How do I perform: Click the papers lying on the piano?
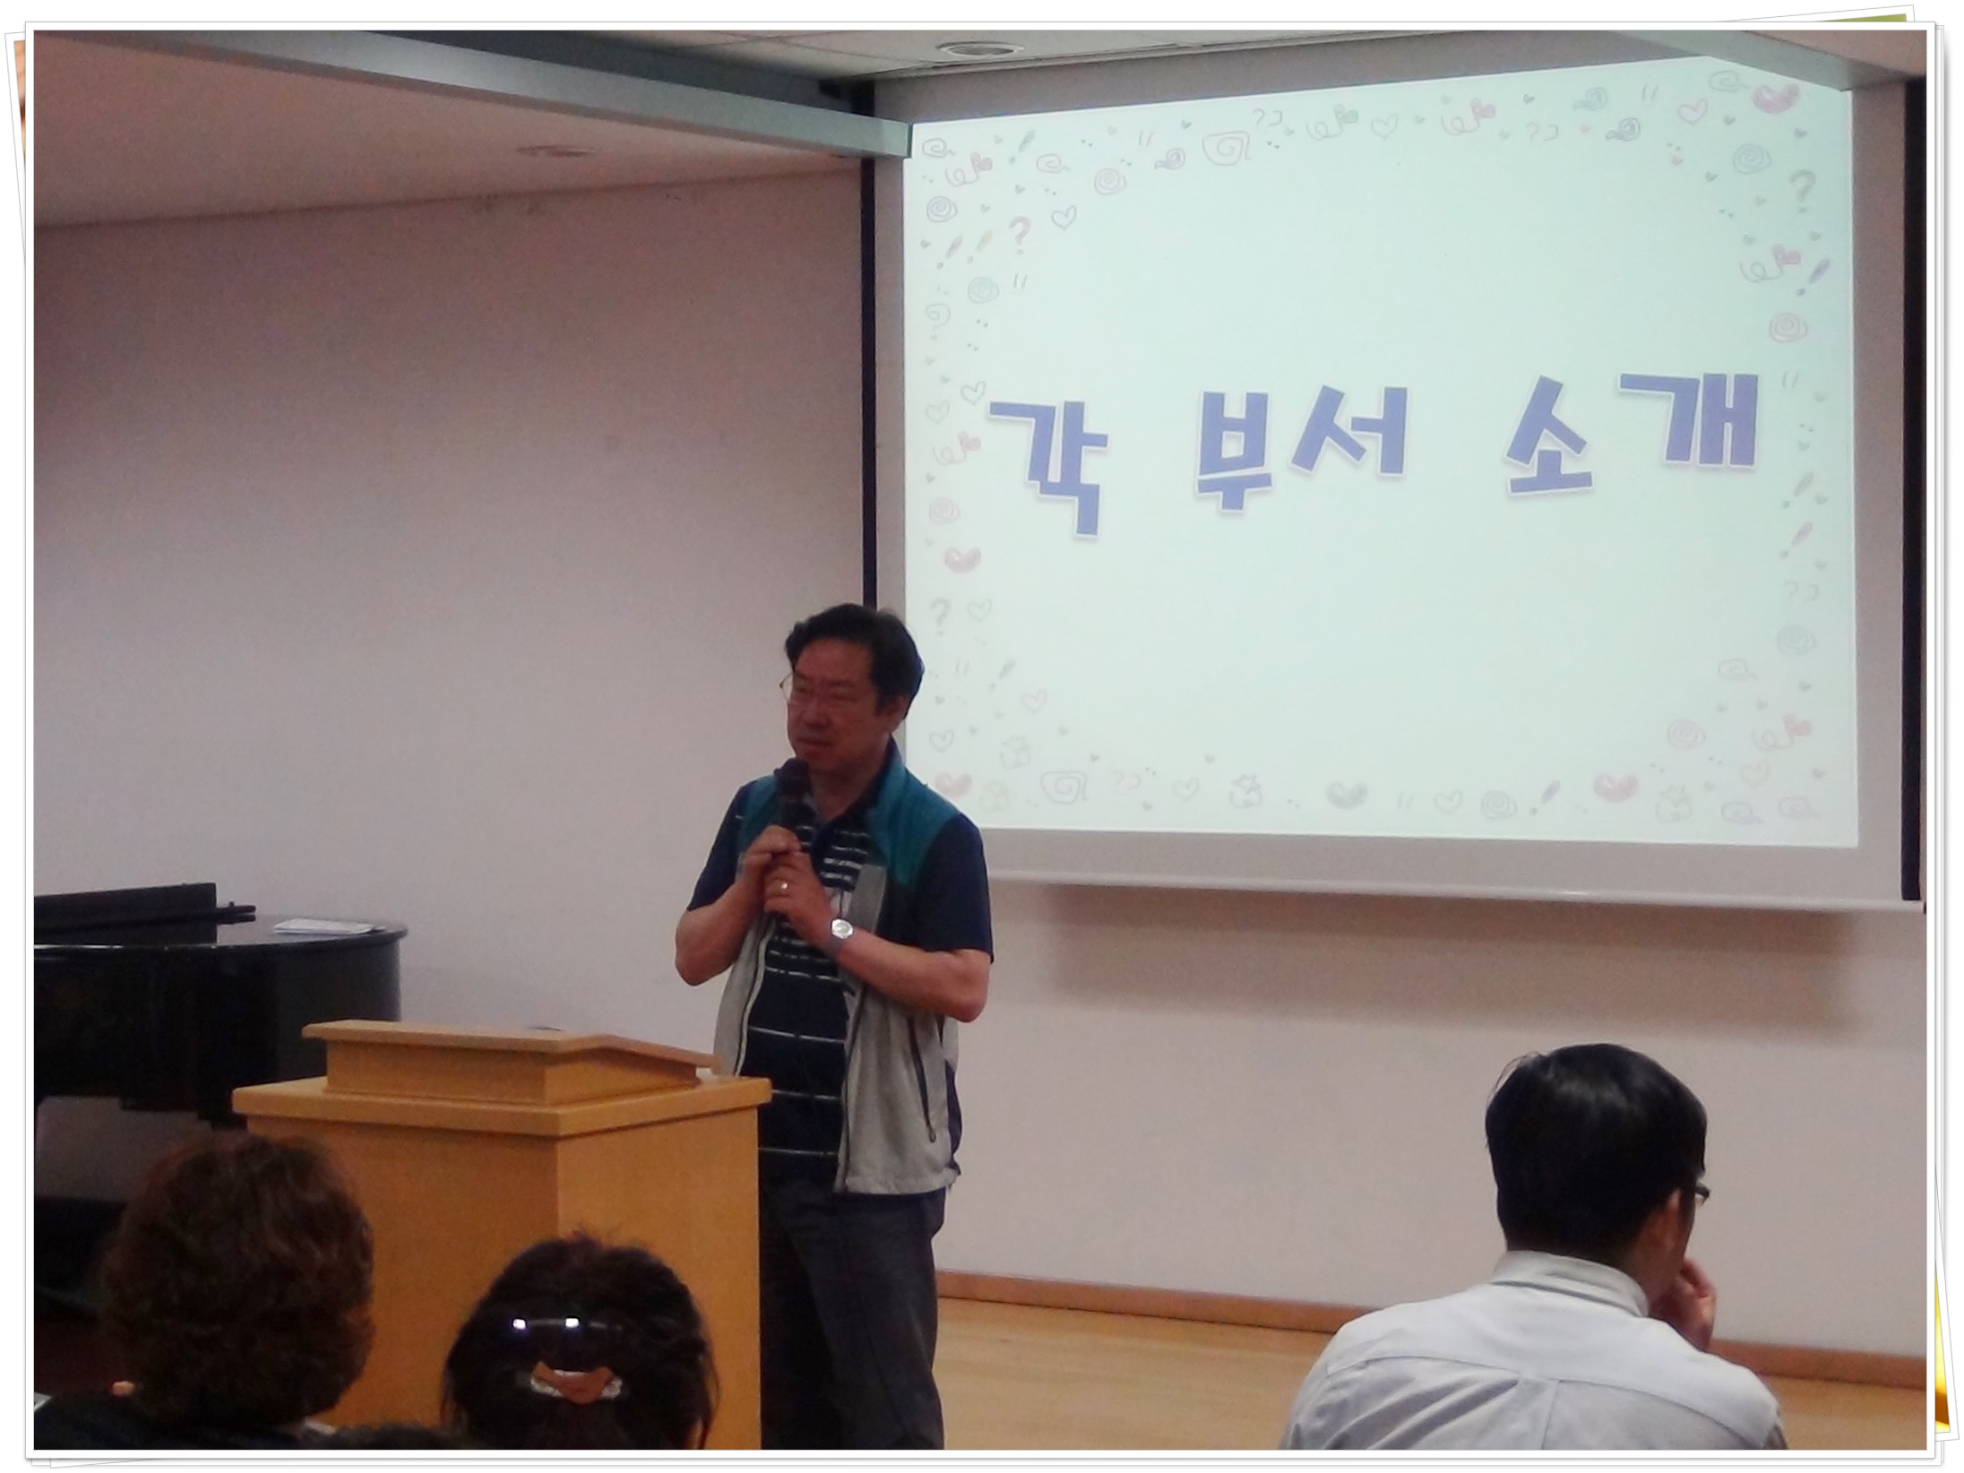(x=322, y=924)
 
